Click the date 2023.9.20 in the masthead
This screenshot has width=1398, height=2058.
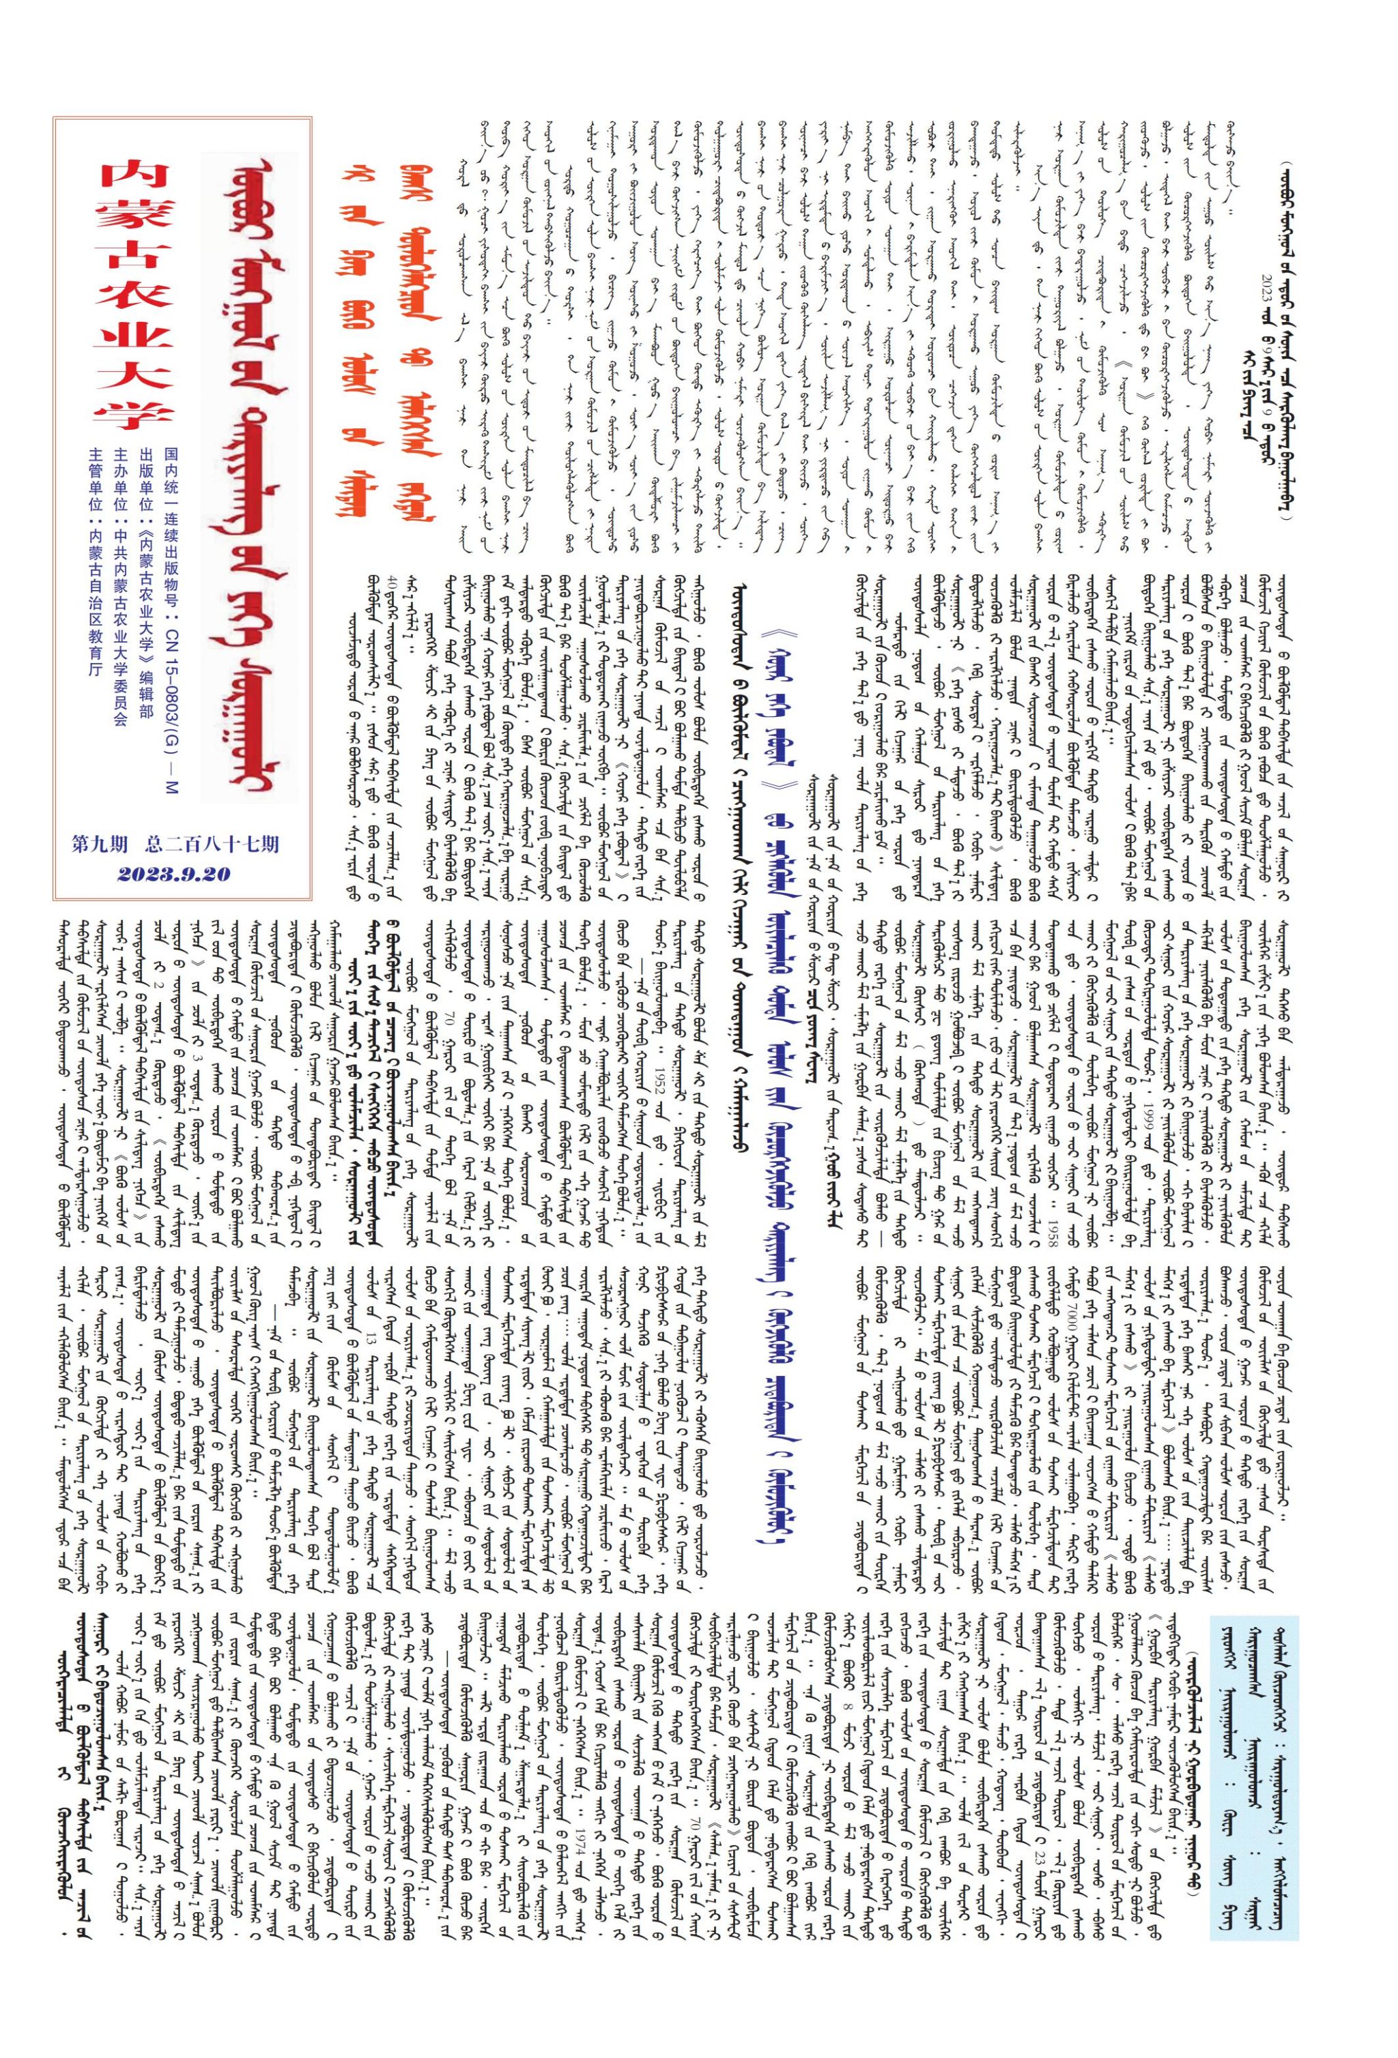[173, 874]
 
